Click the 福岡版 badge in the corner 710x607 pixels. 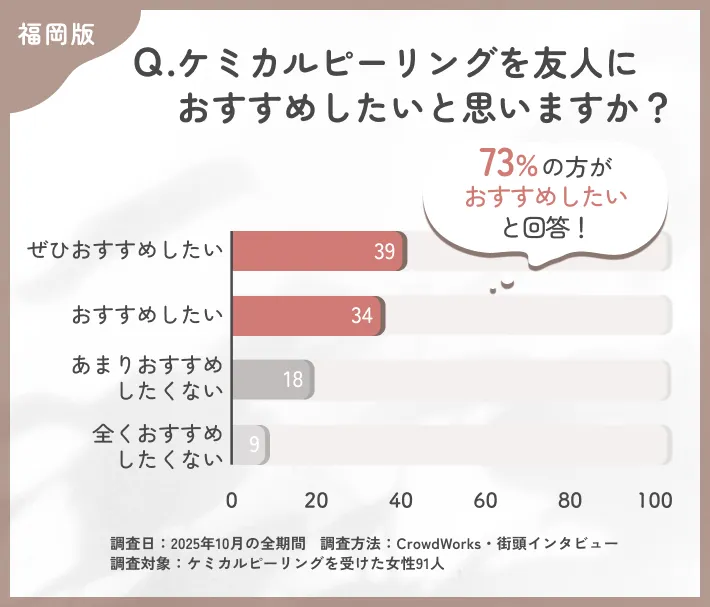(56, 33)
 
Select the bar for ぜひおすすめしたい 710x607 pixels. (318, 251)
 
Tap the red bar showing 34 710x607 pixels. (308, 315)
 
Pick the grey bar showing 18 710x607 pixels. (272, 379)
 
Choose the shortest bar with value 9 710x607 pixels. (250, 443)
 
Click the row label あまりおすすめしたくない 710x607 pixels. (146, 378)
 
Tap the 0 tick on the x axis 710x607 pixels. (232, 500)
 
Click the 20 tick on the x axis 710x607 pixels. (317, 500)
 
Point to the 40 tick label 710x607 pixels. (402, 500)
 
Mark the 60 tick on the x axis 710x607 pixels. (487, 500)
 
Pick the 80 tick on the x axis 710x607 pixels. (571, 500)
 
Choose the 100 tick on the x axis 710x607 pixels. (655, 500)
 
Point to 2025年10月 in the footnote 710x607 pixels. (207, 543)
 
